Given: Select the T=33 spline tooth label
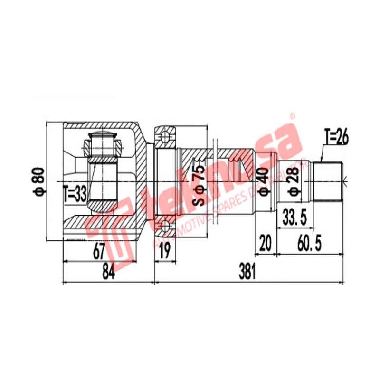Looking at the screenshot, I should pos(75,194).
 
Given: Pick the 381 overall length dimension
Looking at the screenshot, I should pos(247,272).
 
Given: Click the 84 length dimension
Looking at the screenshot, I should pos(108,272).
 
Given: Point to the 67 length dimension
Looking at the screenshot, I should pos(98,250).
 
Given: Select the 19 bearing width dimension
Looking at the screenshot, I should pos(164,250).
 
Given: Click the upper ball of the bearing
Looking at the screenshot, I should pos(165,137).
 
